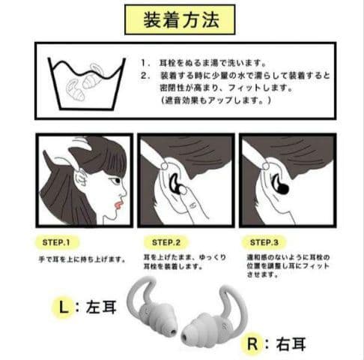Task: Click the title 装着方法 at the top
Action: click(181, 20)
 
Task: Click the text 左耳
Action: click(97, 307)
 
